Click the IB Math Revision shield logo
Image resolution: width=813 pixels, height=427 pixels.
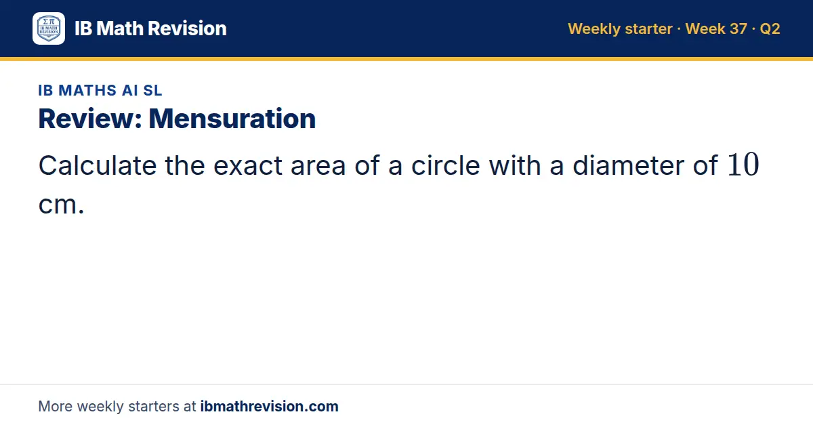49,28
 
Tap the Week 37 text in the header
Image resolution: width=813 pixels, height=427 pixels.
716,28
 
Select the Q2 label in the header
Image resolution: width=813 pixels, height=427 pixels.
770,29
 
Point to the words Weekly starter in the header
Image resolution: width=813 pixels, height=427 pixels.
620,29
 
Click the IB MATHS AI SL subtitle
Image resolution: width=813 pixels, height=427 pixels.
100,90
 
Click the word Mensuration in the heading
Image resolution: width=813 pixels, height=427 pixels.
232,119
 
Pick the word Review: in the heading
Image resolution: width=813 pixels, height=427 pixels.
90,119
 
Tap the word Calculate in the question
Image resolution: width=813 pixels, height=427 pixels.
98,165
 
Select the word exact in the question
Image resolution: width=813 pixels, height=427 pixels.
248,166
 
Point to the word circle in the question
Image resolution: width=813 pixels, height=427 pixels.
445,165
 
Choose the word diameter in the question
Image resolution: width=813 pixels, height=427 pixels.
628,165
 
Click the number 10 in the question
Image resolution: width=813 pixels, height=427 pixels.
743,165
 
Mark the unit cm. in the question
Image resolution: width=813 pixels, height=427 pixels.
62,205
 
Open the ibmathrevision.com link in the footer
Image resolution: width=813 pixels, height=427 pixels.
270,406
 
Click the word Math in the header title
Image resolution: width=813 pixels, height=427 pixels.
120,28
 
